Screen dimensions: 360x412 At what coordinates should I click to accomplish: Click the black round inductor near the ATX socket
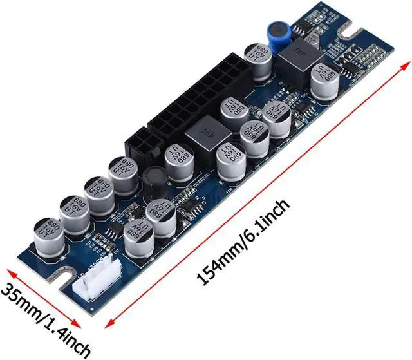click(x=154, y=180)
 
